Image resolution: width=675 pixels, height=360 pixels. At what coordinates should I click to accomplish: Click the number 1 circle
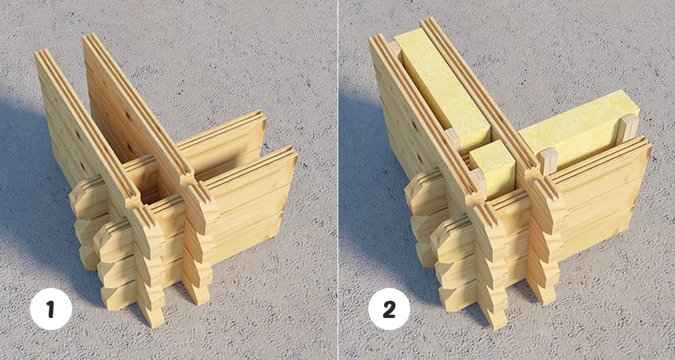(x=51, y=309)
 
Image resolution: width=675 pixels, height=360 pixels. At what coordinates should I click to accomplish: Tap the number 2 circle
(x=388, y=309)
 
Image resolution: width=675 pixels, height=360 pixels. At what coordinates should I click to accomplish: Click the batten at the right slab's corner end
(x=548, y=161)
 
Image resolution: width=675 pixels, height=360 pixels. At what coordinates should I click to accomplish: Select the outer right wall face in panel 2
(x=599, y=193)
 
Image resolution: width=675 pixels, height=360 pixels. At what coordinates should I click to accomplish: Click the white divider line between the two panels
(x=338, y=180)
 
